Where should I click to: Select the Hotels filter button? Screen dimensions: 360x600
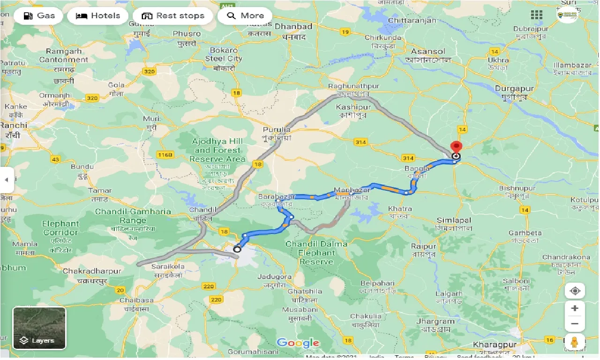(97, 16)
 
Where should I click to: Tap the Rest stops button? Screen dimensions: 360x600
(172, 16)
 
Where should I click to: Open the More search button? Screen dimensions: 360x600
(245, 16)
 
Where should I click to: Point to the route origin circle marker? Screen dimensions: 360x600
(237, 249)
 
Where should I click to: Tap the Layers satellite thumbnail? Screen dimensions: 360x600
(39, 328)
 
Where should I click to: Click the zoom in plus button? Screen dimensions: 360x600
(575, 308)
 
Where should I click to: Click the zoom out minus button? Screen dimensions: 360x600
(575, 323)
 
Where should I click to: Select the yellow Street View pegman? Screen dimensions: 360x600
(575, 342)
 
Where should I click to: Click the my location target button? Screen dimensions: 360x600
(575, 291)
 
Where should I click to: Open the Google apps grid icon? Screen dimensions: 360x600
(537, 15)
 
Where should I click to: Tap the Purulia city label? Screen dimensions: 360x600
(277, 130)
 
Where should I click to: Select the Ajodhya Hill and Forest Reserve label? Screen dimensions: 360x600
(217, 150)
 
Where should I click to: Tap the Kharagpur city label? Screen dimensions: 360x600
(494, 345)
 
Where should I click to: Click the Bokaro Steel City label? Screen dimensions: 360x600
(224, 54)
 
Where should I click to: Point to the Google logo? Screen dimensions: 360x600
(298, 343)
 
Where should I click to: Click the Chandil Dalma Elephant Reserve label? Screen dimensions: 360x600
(316, 253)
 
